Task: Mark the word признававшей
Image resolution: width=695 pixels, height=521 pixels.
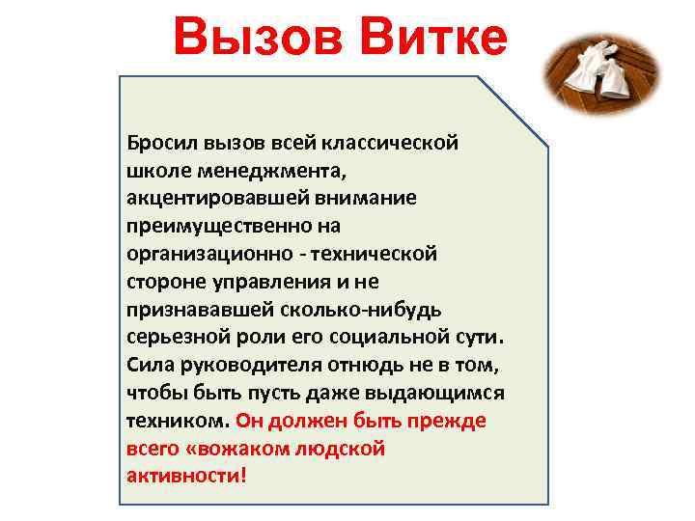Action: point(194,310)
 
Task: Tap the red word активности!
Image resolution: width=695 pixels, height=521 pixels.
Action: point(186,478)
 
